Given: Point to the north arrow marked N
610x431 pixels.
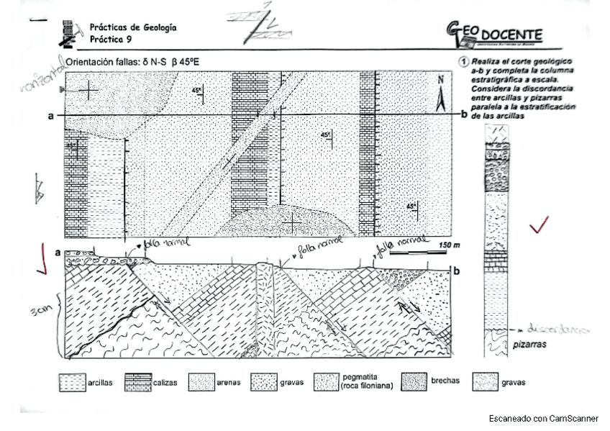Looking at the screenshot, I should coord(440,96).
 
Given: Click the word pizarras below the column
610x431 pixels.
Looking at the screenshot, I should coord(531,345).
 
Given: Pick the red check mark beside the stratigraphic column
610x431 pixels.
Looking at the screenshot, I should coord(538,225).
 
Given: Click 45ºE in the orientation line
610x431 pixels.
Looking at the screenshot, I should coord(189,63).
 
